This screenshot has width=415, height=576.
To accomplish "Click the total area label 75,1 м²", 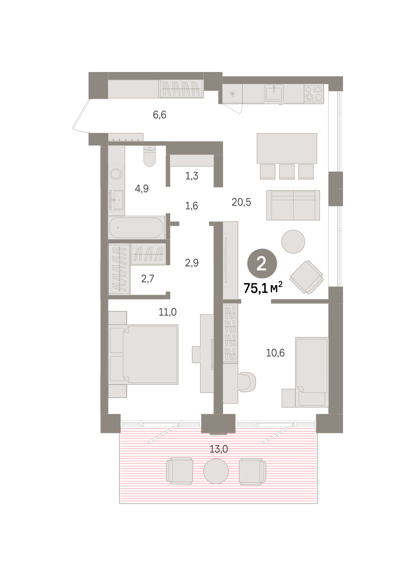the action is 263,288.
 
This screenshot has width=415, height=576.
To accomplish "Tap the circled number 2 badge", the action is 262,264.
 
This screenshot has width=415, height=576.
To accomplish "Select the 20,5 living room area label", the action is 241,203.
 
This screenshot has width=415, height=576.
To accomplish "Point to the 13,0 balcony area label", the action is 219,449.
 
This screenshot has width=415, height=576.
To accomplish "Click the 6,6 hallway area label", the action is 159,115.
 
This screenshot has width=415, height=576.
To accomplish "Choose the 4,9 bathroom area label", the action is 142,189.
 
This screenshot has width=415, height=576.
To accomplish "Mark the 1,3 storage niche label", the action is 192,176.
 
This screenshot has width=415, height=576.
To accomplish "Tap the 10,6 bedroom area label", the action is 275,353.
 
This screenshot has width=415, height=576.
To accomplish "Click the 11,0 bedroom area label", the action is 167,312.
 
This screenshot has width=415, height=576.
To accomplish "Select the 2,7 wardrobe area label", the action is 147,279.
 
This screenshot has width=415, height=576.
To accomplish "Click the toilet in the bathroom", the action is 150,156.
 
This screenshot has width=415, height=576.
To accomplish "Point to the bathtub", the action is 136,228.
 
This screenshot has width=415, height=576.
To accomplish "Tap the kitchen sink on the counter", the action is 274,93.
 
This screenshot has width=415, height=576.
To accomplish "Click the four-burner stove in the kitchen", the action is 314,93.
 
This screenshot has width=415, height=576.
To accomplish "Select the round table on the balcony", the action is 216,470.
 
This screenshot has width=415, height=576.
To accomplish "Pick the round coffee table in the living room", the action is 293,241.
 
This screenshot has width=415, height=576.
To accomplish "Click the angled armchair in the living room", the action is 307,277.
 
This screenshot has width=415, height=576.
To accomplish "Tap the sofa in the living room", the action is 293,205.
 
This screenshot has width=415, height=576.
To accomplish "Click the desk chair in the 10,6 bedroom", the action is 247,383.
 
